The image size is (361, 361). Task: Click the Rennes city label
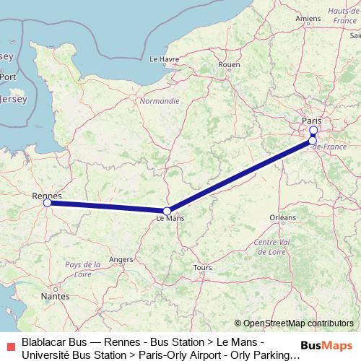click(x=48, y=196)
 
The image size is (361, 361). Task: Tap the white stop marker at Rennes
click(x=48, y=204)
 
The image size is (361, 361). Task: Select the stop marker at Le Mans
click(x=167, y=211)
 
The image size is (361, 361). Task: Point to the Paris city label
click(x=312, y=121)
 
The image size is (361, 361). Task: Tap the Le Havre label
click(x=164, y=59)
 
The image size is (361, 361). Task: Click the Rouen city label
click(x=229, y=64)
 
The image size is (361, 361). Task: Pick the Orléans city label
click(x=282, y=217)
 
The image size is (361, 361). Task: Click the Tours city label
click(x=203, y=267)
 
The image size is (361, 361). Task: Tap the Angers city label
click(x=121, y=259)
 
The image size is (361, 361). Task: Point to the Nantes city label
click(x=56, y=296)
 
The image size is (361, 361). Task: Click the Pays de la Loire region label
click(x=82, y=270)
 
